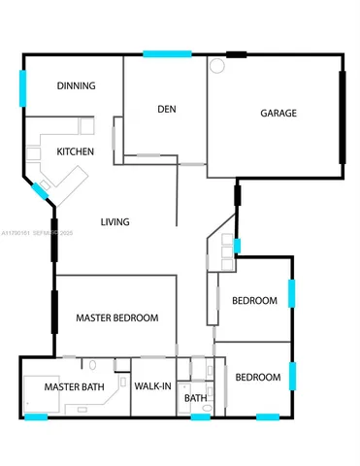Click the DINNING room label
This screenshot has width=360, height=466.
tap(76, 86)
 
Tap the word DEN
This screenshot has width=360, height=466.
tap(166, 109)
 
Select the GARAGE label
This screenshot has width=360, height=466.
tap(278, 114)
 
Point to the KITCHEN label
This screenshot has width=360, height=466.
tap(75, 152)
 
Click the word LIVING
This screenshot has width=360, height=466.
tap(115, 222)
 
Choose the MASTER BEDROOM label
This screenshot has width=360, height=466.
tap(116, 317)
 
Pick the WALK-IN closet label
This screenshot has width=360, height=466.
tap(153, 386)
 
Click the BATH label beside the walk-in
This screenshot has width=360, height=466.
tap(196, 398)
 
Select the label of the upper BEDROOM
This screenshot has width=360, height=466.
tap(254, 301)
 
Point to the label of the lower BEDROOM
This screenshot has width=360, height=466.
tap(258, 377)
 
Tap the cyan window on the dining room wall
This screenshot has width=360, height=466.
tap(23, 89)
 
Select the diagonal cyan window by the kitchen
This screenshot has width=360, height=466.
tap(40, 191)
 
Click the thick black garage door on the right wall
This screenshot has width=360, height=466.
tap(342, 117)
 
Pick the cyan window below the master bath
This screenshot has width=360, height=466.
tap(34, 417)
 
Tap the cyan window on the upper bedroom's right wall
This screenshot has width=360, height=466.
tap(291, 294)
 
